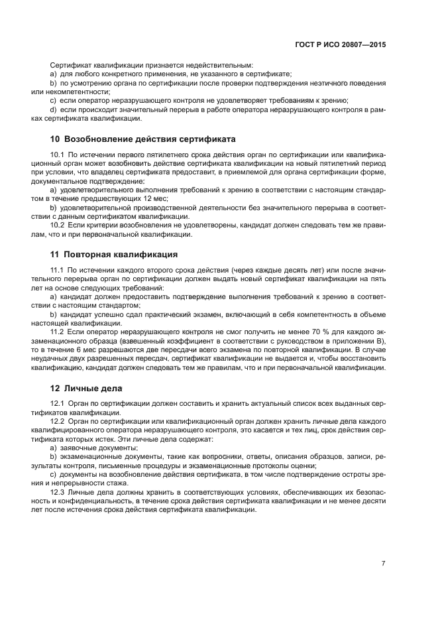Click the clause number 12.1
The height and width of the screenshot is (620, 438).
coord(58,403)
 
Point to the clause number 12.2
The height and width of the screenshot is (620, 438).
coord(58,421)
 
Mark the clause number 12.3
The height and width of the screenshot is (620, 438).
coord(58,491)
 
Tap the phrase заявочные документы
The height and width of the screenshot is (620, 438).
coord(94,448)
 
